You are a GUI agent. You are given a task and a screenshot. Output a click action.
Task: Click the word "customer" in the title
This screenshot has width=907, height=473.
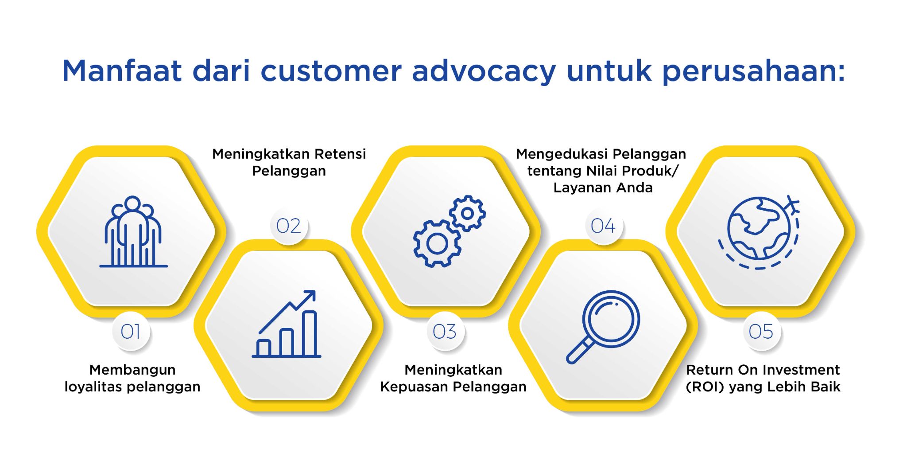pyautogui.click(x=331, y=71)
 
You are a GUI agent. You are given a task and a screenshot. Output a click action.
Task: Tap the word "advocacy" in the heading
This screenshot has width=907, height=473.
pyautogui.click(x=484, y=71)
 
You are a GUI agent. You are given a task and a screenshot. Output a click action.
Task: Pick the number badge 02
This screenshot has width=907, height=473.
pyautogui.click(x=288, y=226)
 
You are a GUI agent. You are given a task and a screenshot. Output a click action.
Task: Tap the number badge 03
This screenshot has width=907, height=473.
pyautogui.click(x=445, y=332)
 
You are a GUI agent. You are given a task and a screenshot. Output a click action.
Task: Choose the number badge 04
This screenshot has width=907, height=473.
pyautogui.click(x=603, y=226)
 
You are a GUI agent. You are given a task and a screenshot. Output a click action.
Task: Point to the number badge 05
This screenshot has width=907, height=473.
pyautogui.click(x=761, y=332)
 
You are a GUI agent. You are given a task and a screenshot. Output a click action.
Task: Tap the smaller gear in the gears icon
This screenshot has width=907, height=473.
pyautogui.click(x=468, y=213)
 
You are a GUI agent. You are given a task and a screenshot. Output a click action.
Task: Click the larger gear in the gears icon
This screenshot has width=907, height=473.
pyautogui.click(x=437, y=243)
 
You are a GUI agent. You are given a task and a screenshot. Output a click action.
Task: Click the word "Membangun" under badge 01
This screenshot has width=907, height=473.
pyautogui.click(x=132, y=370)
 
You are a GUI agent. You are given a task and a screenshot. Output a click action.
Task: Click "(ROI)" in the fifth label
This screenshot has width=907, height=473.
pyautogui.click(x=705, y=387)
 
